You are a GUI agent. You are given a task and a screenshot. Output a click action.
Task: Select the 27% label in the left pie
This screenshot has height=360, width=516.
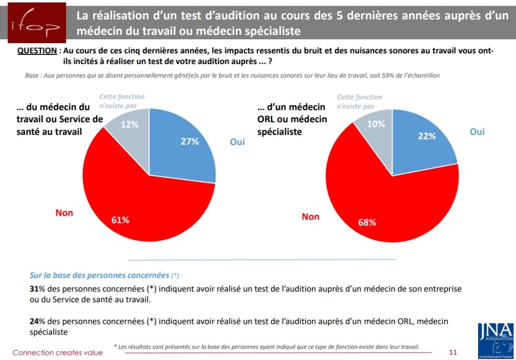tap(190, 141)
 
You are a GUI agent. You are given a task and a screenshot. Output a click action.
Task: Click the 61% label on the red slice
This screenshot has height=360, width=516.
tap(120, 220)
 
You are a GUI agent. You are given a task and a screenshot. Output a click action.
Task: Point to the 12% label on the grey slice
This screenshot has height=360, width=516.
tap(130, 124)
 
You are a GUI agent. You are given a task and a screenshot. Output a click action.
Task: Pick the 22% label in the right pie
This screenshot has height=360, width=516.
tap(427, 136)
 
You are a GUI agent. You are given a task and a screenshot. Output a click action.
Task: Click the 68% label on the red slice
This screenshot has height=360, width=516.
tap(367, 223)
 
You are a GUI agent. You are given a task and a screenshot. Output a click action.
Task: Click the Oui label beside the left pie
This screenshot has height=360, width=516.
tap(237, 142)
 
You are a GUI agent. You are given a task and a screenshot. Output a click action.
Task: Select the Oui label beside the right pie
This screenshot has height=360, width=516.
tap(477, 131)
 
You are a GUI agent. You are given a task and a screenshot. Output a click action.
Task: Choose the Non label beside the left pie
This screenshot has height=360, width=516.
tap(64, 213)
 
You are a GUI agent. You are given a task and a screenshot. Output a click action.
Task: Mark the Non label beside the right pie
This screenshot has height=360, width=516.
tap(310, 217)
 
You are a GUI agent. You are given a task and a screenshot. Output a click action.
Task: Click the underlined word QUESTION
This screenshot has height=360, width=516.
tap(37, 51)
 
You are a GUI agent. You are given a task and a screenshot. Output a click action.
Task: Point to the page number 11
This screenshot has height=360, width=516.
tap(453, 351)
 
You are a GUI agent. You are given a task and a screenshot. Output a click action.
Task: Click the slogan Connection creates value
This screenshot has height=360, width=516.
tap(57, 352)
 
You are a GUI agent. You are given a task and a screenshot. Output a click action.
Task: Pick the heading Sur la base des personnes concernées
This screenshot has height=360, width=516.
tap(99, 275)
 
